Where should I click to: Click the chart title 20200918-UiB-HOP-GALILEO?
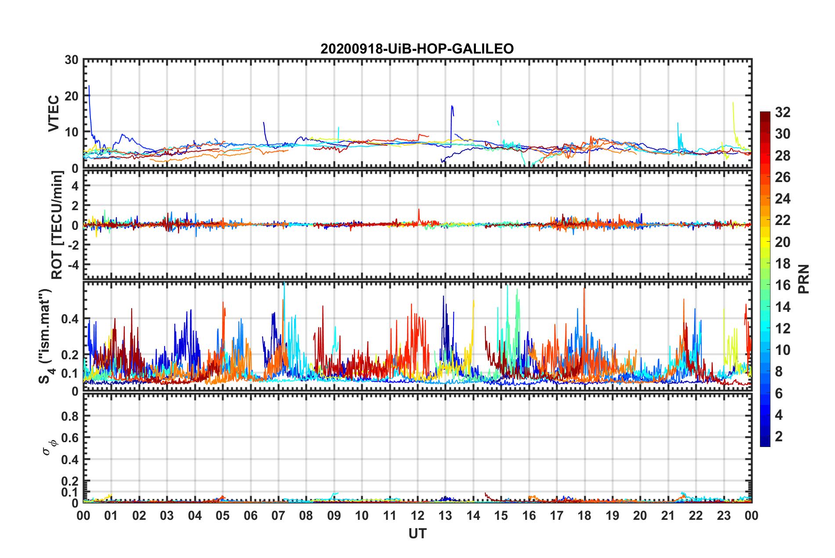[x=417, y=49]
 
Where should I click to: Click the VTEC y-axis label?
[x=54, y=114]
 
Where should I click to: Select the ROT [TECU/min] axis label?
[x=57, y=225]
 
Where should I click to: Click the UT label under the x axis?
[x=417, y=533]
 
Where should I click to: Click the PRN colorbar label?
[x=803, y=279]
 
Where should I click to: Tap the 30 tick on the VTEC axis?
[x=71, y=60]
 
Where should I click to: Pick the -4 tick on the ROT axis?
[x=72, y=265]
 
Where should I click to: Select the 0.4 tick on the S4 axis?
[x=70, y=319]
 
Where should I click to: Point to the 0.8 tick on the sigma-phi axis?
[x=70, y=416]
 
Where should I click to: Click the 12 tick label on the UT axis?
[x=417, y=515]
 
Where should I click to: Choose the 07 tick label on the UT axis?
[x=278, y=515]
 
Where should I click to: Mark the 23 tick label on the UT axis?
[x=723, y=515]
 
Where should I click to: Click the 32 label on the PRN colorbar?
[x=782, y=113]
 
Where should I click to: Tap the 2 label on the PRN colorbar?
[x=779, y=436]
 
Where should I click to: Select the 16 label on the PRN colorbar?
[x=782, y=286]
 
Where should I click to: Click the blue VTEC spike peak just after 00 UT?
[x=89, y=86]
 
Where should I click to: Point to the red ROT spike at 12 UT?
[x=419, y=210]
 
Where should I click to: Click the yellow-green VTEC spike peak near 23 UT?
[x=733, y=103]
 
